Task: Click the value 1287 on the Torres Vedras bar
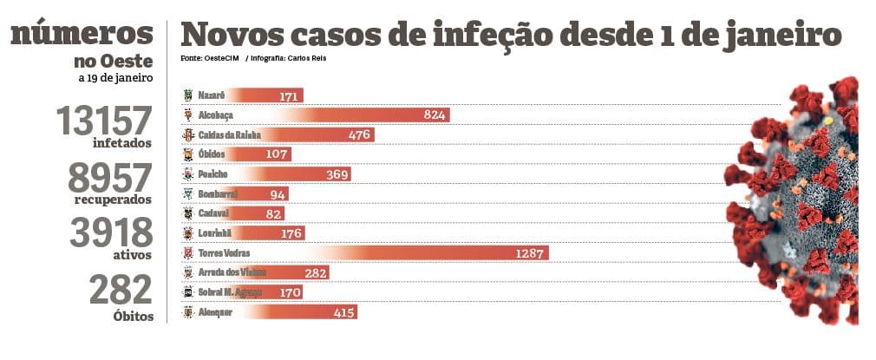pyautogui.click(x=528, y=253)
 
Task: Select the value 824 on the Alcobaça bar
pyautogui.click(x=435, y=115)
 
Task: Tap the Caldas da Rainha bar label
pyautogui.click(x=229, y=134)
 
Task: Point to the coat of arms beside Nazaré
pyautogui.click(x=187, y=95)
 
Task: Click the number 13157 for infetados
pyautogui.click(x=103, y=121)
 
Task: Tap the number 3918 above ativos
pyautogui.click(x=112, y=232)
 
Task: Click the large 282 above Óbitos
pyautogui.click(x=122, y=290)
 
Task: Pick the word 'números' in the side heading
pyautogui.click(x=82, y=34)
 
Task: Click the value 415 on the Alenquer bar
pyautogui.click(x=344, y=312)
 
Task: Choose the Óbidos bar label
pyautogui.click(x=212, y=154)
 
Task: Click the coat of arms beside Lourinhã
pyautogui.click(x=187, y=233)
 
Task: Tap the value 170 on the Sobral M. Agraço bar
pyautogui.click(x=291, y=292)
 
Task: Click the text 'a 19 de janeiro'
pyautogui.click(x=115, y=77)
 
